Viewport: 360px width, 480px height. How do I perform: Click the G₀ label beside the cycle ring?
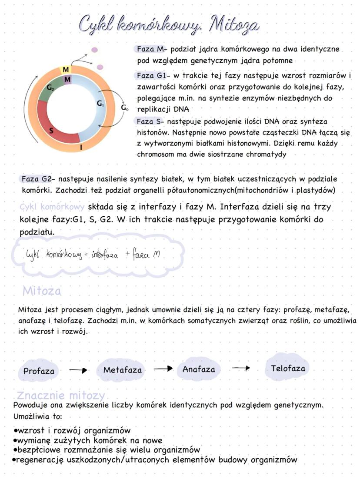coord(124,107)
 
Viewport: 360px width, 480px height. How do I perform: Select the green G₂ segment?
coord(51,90)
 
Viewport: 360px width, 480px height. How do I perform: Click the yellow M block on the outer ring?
coord(65,70)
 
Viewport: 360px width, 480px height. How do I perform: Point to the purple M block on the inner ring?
coord(67,80)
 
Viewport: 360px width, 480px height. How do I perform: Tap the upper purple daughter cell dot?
coord(95,50)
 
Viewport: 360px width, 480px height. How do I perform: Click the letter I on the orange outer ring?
coord(81,148)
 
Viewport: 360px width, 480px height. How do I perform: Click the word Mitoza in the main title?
coord(234,25)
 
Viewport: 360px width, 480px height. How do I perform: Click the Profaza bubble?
coord(39,371)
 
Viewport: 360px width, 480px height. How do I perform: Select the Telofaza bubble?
coord(288,369)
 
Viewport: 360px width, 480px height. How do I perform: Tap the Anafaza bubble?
coord(199,369)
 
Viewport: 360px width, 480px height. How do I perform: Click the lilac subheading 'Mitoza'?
coord(42,291)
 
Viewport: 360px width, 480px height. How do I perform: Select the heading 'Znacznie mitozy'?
coord(61,396)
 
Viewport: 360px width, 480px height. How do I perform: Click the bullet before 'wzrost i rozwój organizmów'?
coord(16,430)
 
